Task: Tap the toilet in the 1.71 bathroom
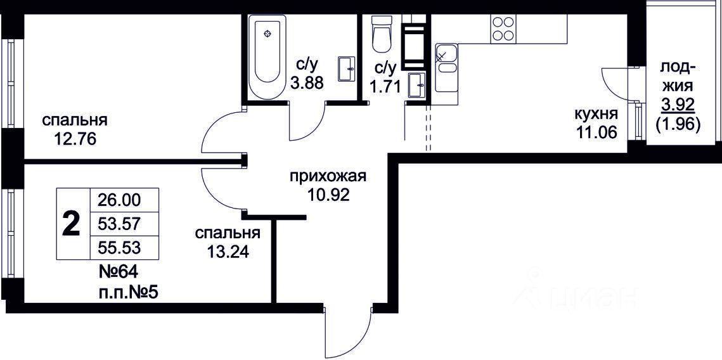point(381,34)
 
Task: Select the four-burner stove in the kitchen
point(503,29)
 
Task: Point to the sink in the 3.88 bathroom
point(346,69)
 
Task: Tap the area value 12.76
point(75,139)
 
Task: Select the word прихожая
point(327,176)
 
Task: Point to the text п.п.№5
point(129,292)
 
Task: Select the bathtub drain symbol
point(268,33)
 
